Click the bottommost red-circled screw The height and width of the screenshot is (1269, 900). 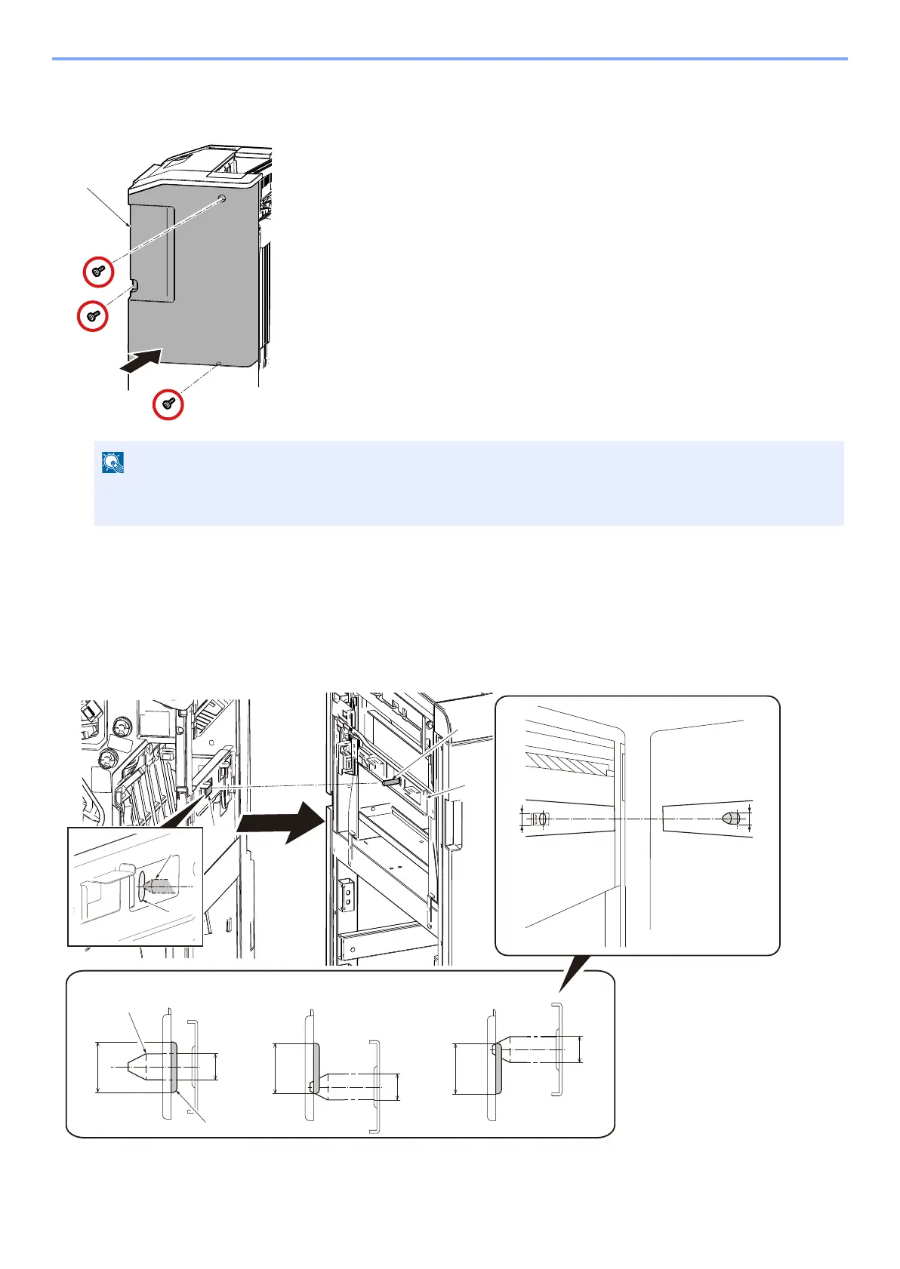(168, 404)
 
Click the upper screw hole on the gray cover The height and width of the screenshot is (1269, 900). (221, 199)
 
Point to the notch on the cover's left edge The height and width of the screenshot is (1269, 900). (134, 286)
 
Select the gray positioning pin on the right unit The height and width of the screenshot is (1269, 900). (390, 782)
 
